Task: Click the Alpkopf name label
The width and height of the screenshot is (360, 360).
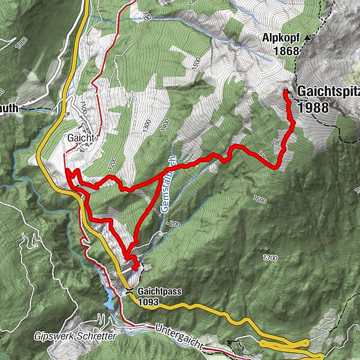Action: [280, 38]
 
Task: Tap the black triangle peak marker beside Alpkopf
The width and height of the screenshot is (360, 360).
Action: [308, 37]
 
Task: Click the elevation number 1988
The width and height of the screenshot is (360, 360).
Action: [313, 107]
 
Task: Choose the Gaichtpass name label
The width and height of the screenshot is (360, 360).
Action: [159, 292]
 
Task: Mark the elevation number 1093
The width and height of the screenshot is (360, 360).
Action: [147, 302]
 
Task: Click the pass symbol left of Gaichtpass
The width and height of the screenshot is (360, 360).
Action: [129, 292]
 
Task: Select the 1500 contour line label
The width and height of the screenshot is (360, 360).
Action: [195, 62]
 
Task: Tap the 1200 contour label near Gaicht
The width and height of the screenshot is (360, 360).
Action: [110, 161]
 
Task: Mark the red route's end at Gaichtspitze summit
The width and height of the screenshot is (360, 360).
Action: [286, 92]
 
